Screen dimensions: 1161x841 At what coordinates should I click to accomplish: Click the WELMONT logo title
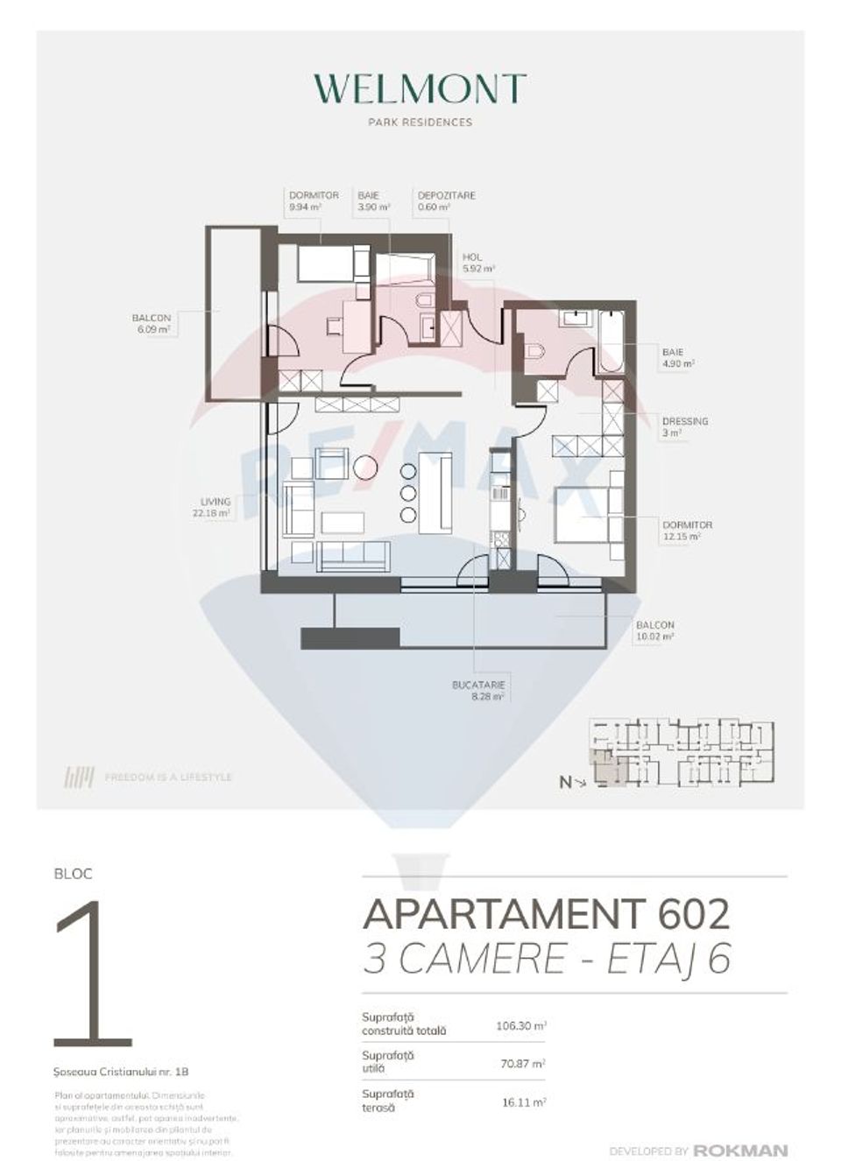coord(420,88)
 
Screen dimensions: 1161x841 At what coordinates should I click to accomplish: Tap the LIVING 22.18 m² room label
coord(215,507)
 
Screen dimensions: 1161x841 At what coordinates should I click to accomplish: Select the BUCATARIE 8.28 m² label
coord(479,691)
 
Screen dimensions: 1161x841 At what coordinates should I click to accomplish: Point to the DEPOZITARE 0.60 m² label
coord(446,201)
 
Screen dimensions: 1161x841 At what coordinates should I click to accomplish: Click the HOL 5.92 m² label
coord(477,263)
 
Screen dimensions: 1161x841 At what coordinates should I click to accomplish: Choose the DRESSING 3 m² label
coord(684,426)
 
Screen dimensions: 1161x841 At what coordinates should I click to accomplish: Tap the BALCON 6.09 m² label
coord(151,324)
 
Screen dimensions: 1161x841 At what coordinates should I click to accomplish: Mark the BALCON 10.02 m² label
coord(655,630)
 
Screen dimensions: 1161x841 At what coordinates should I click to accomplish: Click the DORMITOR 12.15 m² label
coord(687,530)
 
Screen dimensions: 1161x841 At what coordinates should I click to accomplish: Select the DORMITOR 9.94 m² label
coord(314,201)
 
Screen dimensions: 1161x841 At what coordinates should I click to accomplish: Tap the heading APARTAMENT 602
coord(546,914)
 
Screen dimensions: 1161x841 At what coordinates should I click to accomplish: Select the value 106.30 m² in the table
coord(521,1025)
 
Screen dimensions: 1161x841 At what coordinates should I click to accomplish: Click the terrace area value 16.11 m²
coord(524,1102)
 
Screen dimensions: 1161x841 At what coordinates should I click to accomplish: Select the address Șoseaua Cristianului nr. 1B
coord(121,1071)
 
